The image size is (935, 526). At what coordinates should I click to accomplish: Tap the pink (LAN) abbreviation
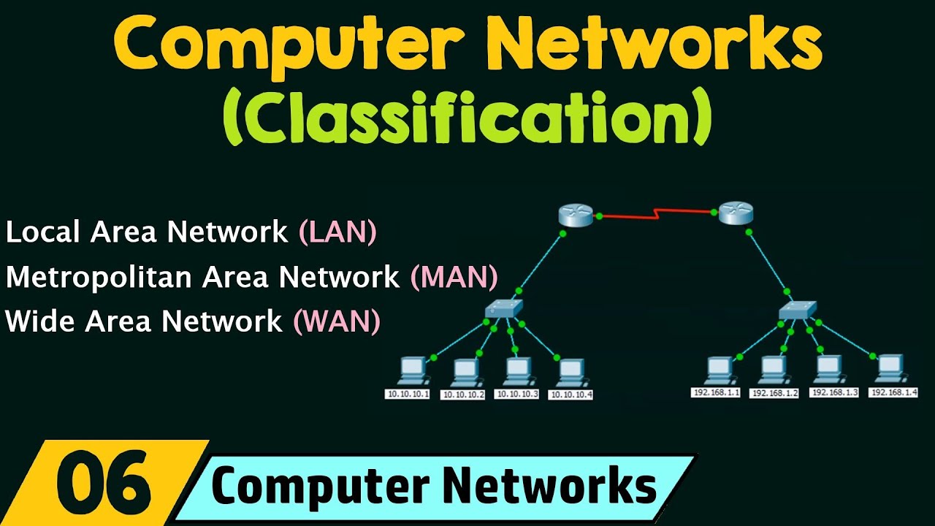[x=337, y=232]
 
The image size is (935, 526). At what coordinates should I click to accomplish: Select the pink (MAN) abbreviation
[x=454, y=277]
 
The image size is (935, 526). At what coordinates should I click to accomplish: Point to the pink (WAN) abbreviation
[x=337, y=321]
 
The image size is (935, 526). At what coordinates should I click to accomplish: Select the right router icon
[x=735, y=214]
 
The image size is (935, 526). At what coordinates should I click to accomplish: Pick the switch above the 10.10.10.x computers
[x=503, y=309]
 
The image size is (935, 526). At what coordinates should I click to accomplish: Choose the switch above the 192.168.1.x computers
[x=797, y=310]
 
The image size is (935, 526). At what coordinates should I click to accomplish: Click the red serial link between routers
[x=656, y=213]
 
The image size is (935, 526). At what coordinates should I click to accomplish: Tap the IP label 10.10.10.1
[x=407, y=394]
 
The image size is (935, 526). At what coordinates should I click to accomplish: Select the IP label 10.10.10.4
[x=570, y=394]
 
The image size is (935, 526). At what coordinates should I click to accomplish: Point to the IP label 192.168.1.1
[x=716, y=392]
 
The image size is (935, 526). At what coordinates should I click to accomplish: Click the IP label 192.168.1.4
[x=893, y=392]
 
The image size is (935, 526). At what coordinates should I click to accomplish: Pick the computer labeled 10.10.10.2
[x=465, y=372]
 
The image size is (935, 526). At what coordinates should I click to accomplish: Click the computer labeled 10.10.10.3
[x=517, y=371]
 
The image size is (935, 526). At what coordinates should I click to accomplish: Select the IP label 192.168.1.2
[x=774, y=393]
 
